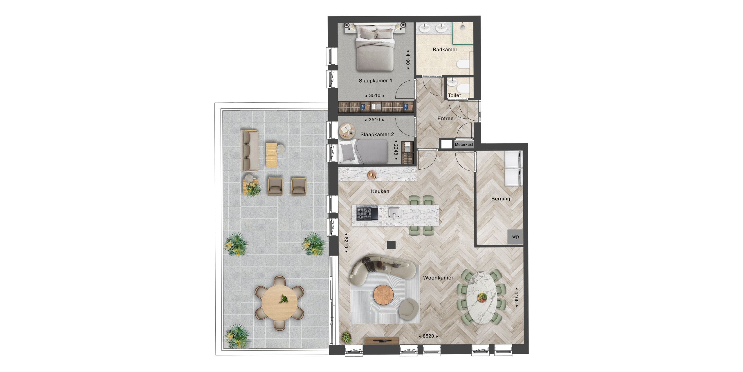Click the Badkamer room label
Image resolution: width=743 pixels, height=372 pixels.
click(x=445, y=50)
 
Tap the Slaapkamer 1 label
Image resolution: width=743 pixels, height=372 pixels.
click(x=375, y=81)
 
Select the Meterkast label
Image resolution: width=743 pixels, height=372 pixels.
click(x=464, y=144)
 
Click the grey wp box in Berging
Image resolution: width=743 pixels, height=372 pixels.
click(x=515, y=237)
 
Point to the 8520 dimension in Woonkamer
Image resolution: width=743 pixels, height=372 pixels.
click(x=428, y=336)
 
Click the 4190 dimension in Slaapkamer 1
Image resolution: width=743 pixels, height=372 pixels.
click(x=408, y=59)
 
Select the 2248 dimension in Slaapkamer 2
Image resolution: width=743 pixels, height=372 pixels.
click(x=396, y=150)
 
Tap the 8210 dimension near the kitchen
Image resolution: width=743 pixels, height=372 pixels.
click(x=346, y=242)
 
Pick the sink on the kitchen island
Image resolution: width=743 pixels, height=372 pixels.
click(x=394, y=212)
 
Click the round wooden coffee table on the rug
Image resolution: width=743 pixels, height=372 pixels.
click(x=383, y=295)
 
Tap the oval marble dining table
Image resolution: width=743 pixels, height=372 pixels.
click(x=481, y=297)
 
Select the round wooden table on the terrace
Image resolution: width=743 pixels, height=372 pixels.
click(x=279, y=303)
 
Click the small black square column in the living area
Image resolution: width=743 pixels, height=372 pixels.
click(x=391, y=245)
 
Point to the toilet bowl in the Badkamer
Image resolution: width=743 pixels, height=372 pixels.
click(x=463, y=64)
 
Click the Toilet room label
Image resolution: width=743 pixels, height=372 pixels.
click(x=454, y=95)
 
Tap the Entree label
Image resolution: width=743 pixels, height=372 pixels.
click(x=445, y=118)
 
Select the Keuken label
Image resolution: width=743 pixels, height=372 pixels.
click(x=380, y=191)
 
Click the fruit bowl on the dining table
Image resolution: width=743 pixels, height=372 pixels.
click(x=482, y=297)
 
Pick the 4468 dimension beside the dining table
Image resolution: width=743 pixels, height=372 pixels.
click(x=516, y=297)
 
